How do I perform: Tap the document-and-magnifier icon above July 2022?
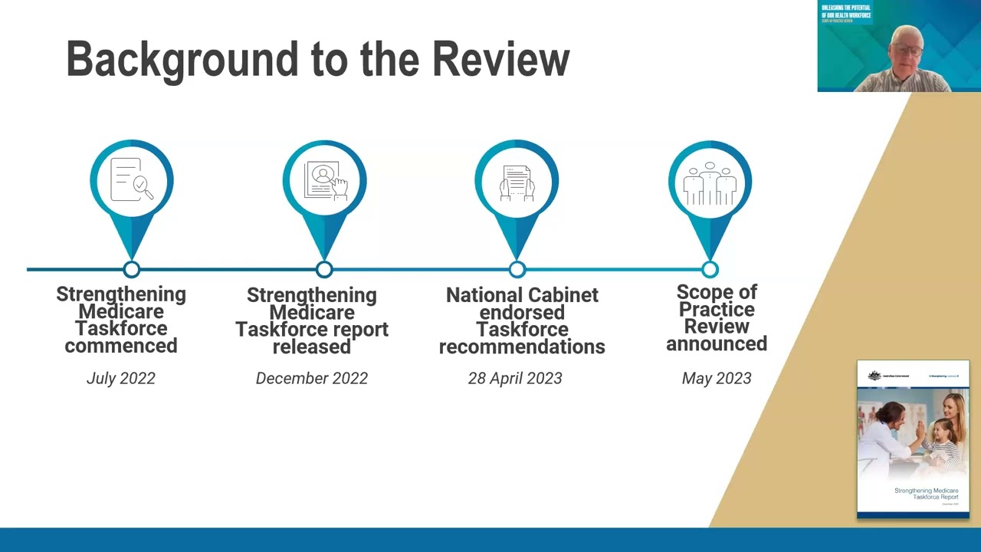pyautogui.click(x=132, y=180)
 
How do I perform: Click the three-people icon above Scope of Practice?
pyautogui.click(x=710, y=184)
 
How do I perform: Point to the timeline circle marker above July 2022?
pyautogui.click(x=132, y=269)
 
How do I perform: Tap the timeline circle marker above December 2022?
pyautogui.click(x=324, y=269)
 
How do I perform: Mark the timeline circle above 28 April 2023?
pyautogui.click(x=517, y=269)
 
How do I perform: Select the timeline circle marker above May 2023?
pyautogui.click(x=710, y=269)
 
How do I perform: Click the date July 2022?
pyautogui.click(x=121, y=378)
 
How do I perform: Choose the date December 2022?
pyautogui.click(x=312, y=378)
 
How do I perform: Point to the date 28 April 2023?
pyautogui.click(x=515, y=378)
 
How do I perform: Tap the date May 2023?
pyautogui.click(x=717, y=378)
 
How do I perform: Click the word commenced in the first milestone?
pyautogui.click(x=121, y=346)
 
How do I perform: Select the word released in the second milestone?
pyautogui.click(x=312, y=347)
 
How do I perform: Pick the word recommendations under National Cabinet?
pyautogui.click(x=522, y=347)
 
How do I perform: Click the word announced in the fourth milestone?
pyautogui.click(x=717, y=343)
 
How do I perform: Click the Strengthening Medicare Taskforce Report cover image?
pyautogui.click(x=913, y=439)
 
